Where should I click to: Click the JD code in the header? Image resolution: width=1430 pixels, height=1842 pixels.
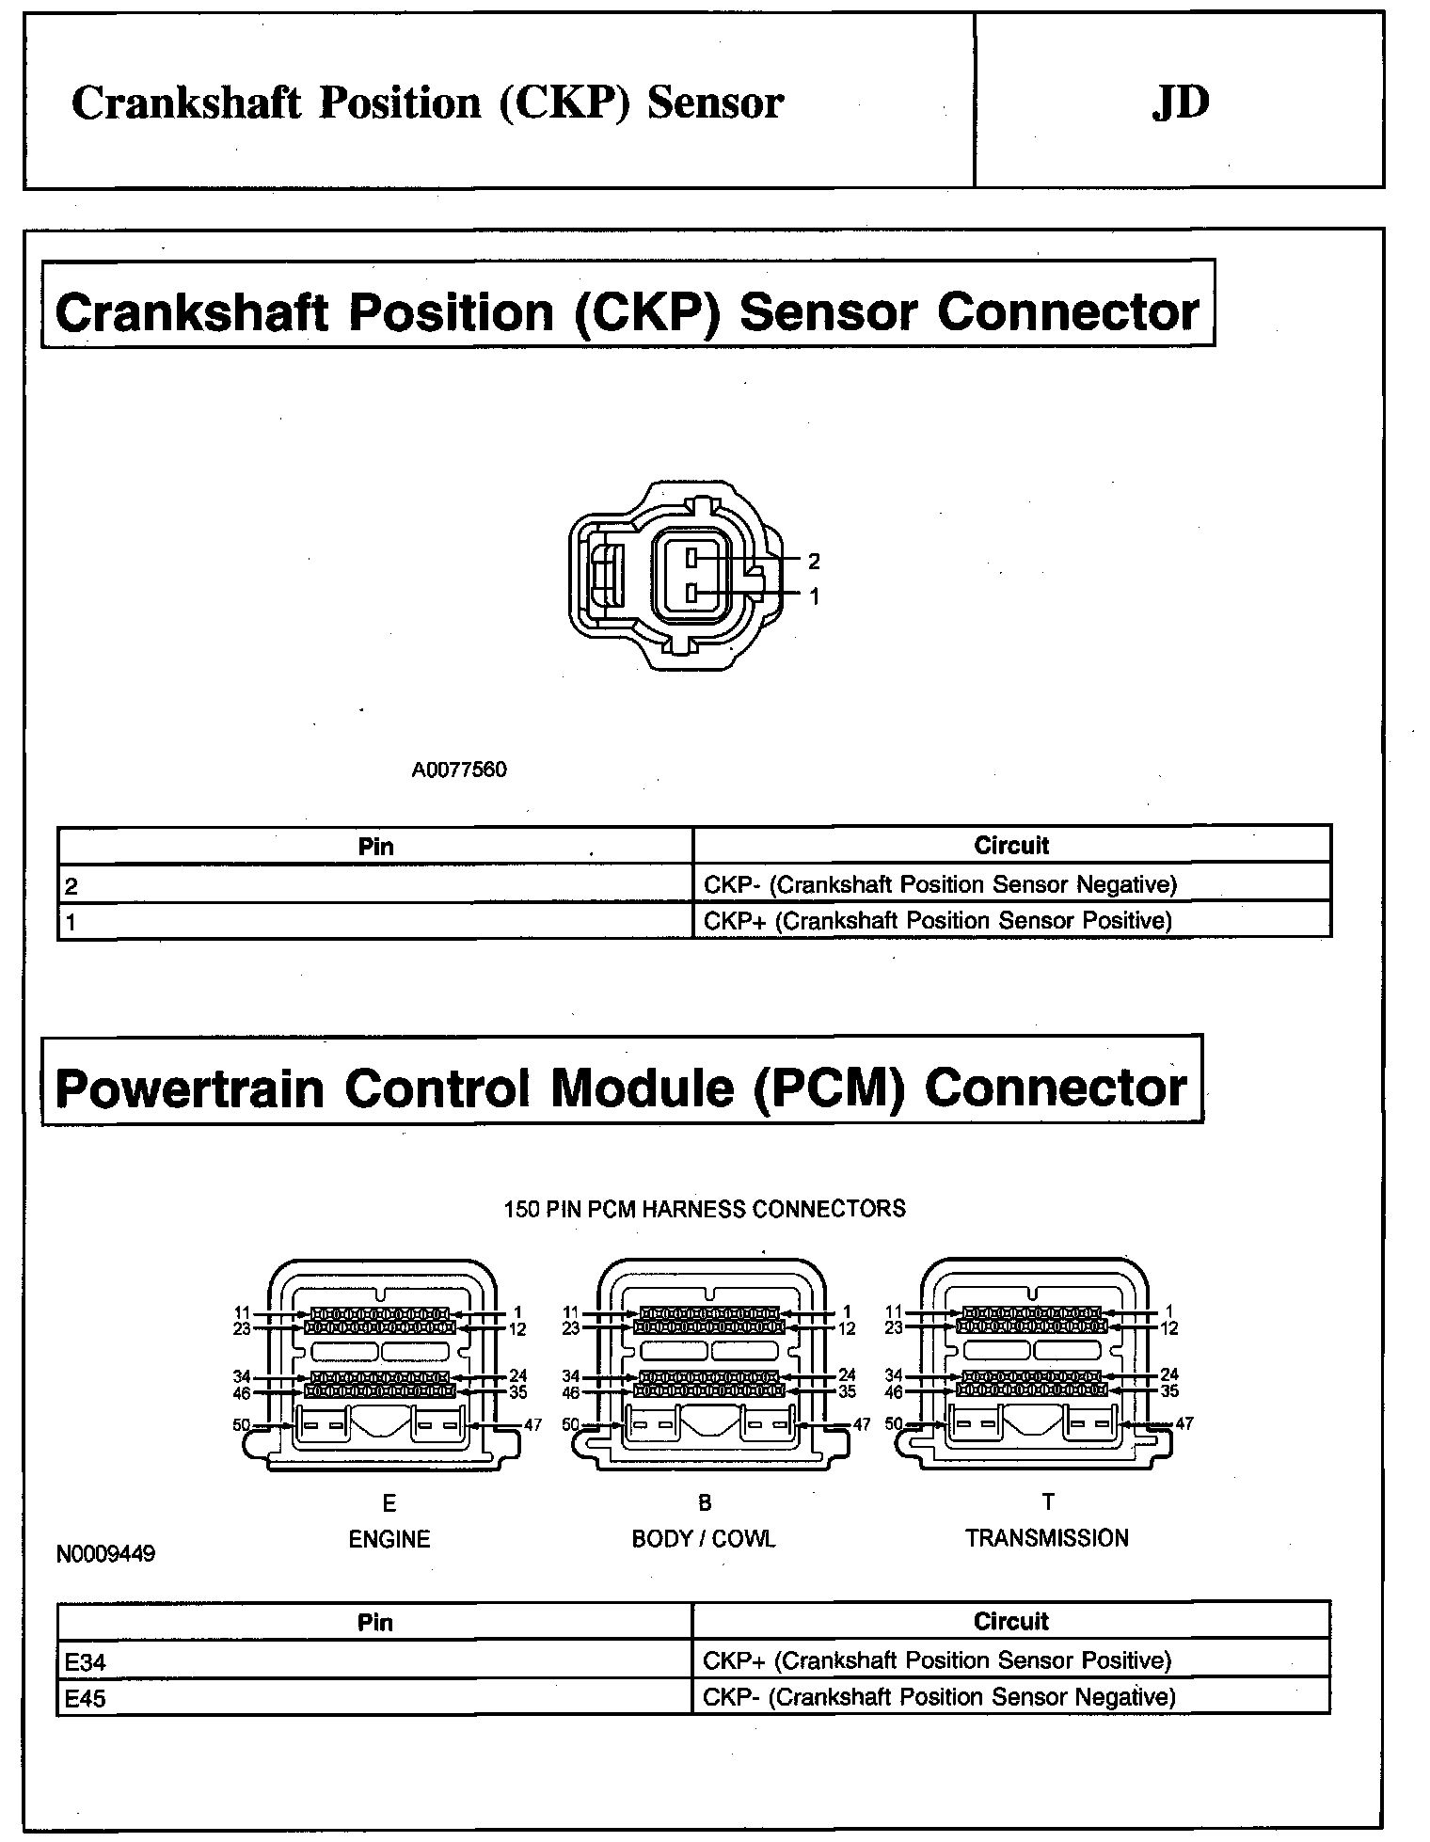1180,103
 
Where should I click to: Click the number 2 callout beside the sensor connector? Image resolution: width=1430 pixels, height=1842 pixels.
814,562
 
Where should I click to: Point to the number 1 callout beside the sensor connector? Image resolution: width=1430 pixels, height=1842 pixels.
814,596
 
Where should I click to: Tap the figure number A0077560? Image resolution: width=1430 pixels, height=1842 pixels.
459,770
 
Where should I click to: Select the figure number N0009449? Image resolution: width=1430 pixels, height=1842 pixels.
105,1552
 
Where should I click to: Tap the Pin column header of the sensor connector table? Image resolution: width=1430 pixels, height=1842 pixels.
375,846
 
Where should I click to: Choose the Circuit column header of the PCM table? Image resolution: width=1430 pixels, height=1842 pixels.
1010,1621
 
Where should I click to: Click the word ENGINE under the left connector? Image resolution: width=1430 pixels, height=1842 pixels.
389,1539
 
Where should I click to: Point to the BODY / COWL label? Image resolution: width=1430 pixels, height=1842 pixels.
704,1539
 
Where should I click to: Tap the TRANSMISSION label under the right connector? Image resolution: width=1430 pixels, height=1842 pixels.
1046,1538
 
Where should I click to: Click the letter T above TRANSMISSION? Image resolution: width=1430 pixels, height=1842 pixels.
1048,1501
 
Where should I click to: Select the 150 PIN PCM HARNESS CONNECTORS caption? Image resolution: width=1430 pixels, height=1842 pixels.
705,1209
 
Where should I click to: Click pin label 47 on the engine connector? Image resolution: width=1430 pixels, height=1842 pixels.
532,1424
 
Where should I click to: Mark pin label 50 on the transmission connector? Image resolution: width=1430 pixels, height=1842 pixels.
895,1424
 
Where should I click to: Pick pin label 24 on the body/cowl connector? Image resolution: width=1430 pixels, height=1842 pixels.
847,1375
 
